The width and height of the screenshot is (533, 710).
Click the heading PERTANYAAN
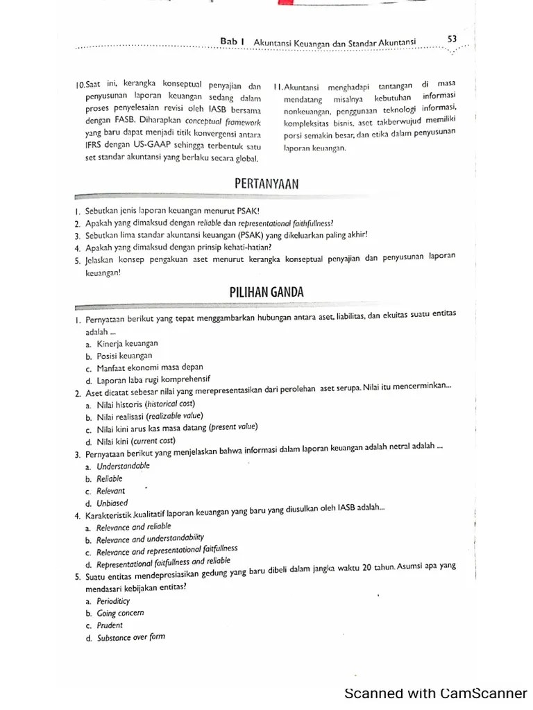coord(266,183)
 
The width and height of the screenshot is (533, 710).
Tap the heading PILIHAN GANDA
coord(266,293)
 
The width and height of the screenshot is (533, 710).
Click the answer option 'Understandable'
coord(124,467)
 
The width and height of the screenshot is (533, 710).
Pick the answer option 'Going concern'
coord(121,614)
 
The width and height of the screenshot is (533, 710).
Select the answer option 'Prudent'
coord(110,625)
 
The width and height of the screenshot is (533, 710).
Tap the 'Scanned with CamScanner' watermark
coord(437,693)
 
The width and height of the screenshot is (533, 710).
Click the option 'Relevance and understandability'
coord(151,539)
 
